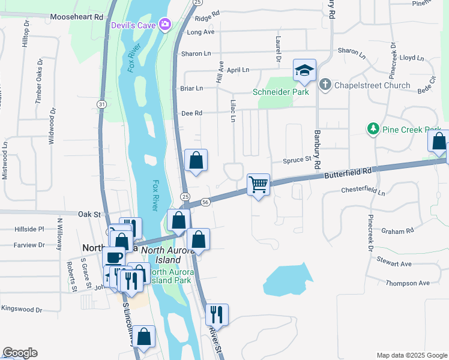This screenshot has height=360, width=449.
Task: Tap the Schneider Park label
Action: click(281, 92)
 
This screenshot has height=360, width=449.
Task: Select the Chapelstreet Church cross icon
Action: click(325, 84)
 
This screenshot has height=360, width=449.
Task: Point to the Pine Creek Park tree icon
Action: click(373, 129)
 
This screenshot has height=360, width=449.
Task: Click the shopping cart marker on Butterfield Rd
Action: click(258, 184)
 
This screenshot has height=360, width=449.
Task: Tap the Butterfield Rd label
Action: click(348, 173)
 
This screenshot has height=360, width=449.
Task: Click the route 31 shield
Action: click(102, 104)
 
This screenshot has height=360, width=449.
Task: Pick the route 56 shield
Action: click(205, 202)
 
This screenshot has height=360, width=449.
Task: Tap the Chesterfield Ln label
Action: click(363, 191)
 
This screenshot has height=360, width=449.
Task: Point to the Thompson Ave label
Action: click(408, 283)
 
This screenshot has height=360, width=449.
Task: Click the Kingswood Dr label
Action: click(22, 310)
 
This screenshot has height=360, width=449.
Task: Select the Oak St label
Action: click(88, 214)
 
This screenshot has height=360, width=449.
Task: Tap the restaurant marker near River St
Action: click(215, 314)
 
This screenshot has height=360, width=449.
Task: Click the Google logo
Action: click(20, 353)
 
